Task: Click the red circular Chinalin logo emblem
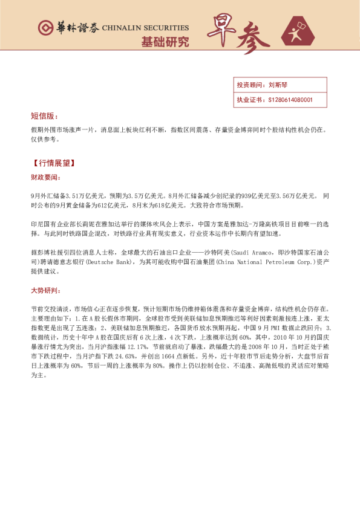click(x=45, y=28)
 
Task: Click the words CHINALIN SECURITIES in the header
click(x=145, y=28)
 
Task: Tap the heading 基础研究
click(x=165, y=42)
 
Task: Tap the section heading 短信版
click(x=45, y=115)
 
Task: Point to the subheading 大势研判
click(x=45, y=290)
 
